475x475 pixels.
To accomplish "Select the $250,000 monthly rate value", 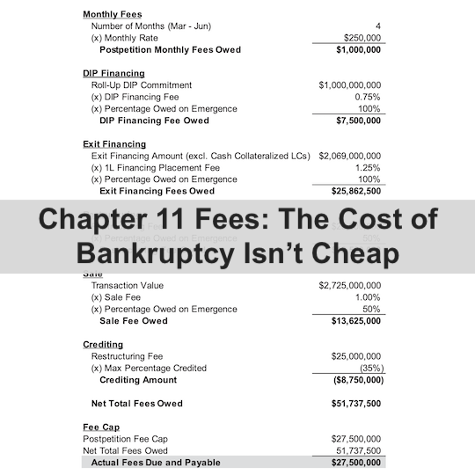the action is tap(361, 38).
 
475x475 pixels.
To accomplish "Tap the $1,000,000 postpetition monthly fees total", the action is tap(358, 50).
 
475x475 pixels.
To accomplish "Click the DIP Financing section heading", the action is tap(113, 73).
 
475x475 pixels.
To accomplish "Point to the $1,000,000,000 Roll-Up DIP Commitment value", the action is tap(350, 85).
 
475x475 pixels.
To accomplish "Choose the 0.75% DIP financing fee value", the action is tap(367, 97).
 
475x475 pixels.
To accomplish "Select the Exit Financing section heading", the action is tap(114, 143).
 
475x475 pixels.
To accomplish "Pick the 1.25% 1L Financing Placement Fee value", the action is tap(367, 167).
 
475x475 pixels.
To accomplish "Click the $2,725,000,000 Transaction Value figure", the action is tap(350, 286).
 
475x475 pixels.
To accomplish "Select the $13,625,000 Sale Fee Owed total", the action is tap(355, 321).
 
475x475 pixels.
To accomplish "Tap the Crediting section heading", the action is tap(103, 344).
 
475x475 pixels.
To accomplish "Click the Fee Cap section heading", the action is tap(100, 427).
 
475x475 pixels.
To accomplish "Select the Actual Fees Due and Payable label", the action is tap(156, 462).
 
